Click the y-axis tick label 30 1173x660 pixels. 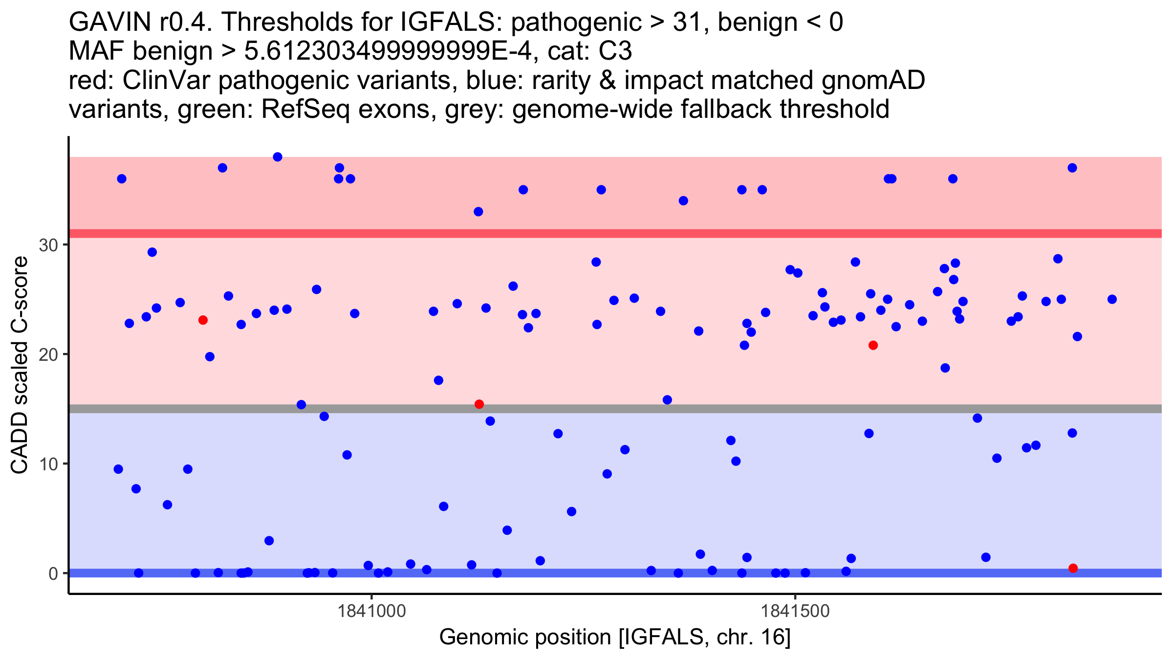[48, 245]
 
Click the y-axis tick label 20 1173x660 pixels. [48, 354]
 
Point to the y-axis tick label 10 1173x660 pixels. [48, 464]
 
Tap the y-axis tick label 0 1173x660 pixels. [53, 573]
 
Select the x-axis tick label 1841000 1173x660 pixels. [371, 611]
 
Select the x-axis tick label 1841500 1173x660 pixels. [795, 611]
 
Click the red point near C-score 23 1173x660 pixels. [203, 320]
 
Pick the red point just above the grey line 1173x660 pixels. [479, 404]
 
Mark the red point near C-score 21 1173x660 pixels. [873, 346]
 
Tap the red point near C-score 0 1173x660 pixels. [1073, 568]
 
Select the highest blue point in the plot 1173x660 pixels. [278, 157]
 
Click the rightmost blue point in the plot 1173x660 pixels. [1112, 299]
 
